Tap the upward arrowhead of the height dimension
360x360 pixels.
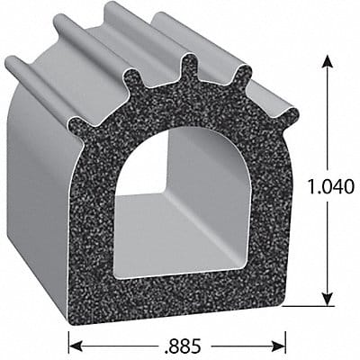point(328,61)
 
